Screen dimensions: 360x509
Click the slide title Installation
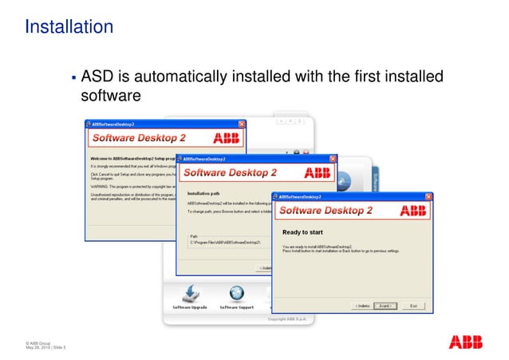(69, 27)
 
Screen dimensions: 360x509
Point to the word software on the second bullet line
(112, 97)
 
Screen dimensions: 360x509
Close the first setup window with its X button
(241, 125)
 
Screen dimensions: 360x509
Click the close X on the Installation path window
(333, 158)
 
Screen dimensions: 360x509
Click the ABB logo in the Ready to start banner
(412, 211)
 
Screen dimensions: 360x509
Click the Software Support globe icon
(237, 293)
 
